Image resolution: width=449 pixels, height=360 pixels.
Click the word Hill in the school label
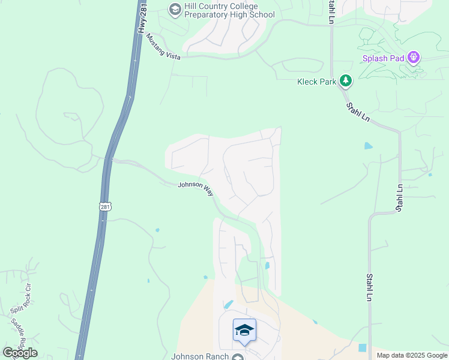click(193, 6)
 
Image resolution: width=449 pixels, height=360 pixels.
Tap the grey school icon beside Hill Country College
click(175, 9)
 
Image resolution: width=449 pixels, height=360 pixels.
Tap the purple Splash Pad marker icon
click(413, 58)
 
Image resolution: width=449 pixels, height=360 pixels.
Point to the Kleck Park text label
click(316, 82)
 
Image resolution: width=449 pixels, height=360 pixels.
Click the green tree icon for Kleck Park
click(345, 80)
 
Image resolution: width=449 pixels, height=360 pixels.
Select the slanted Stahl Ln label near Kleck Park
click(358, 112)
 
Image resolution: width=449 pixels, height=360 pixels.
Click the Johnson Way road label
click(196, 189)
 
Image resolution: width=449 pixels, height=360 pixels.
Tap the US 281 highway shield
click(105, 206)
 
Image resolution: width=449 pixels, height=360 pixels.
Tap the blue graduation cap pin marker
click(244, 331)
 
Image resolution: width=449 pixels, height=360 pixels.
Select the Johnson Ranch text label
click(200, 356)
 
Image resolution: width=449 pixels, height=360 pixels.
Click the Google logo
click(20, 353)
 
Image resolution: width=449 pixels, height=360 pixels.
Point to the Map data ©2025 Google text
click(412, 355)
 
